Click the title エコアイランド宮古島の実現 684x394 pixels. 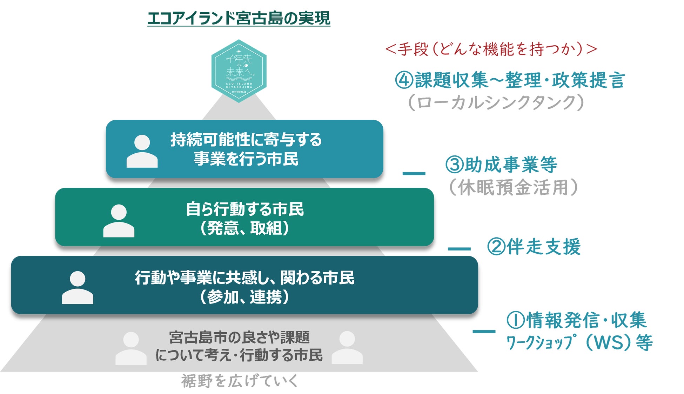(x=239, y=18)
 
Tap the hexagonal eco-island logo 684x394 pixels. (x=239, y=71)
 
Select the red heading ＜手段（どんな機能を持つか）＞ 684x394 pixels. (x=491, y=49)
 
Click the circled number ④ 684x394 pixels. (x=404, y=80)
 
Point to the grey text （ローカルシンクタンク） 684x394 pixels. (x=496, y=102)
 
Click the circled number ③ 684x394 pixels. (x=454, y=165)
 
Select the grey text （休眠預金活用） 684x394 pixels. (x=513, y=187)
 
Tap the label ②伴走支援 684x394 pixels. (x=534, y=247)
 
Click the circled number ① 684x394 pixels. (x=516, y=320)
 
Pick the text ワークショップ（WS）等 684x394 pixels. (x=579, y=342)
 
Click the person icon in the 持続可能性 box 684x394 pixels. (x=142, y=151)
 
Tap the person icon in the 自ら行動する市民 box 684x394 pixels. (x=119, y=221)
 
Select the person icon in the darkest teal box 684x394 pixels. (x=78, y=287)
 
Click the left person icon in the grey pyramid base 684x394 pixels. (x=131, y=348)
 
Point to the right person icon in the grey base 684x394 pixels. (x=347, y=347)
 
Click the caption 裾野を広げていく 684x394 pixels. (x=240, y=381)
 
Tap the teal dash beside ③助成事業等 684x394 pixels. (x=414, y=173)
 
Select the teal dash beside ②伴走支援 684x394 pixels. (x=459, y=249)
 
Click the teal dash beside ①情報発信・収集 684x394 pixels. (x=484, y=331)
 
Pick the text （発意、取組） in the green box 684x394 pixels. (x=244, y=228)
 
